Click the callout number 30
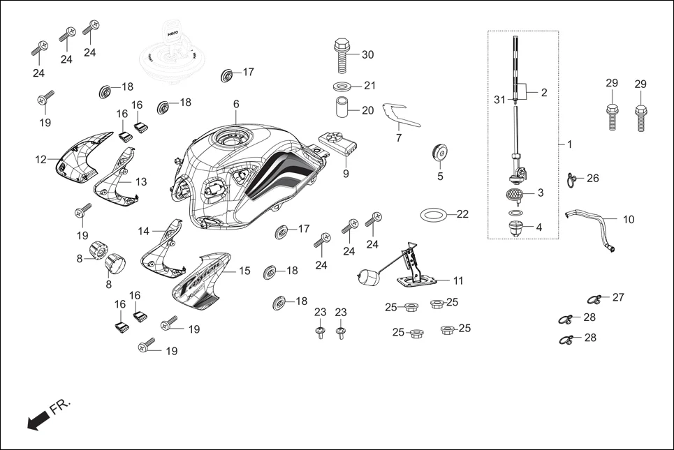367,55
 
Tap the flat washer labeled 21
342,87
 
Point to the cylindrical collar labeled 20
342,110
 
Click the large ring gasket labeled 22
434,213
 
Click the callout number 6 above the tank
236,104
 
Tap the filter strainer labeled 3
515,193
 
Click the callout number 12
41,160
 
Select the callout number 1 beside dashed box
569,144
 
